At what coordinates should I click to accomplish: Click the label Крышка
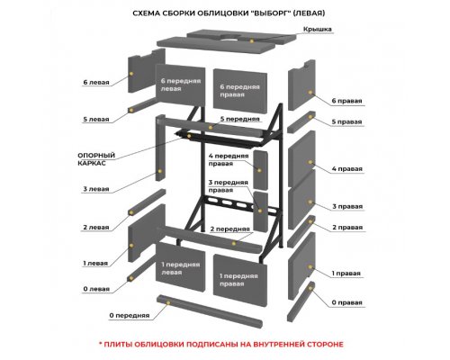tap(318, 29)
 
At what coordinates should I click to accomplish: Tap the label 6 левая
tap(96, 82)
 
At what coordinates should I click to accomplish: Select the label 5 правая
tap(346, 121)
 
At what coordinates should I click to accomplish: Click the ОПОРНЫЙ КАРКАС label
tap(96, 159)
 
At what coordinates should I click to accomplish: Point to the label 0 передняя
tap(130, 316)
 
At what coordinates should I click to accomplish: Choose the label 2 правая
tap(347, 228)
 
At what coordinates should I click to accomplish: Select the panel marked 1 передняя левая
tap(180, 267)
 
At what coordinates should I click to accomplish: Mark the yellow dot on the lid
tap(252, 40)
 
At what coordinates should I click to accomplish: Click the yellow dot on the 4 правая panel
tap(310, 162)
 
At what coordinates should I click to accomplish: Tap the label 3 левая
tap(96, 189)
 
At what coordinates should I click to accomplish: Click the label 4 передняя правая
tap(229, 159)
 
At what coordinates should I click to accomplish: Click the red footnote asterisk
tap(101, 343)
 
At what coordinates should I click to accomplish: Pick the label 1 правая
tap(346, 274)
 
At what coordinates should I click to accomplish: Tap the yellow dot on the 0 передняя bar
tap(168, 303)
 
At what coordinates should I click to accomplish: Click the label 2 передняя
tap(229, 229)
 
